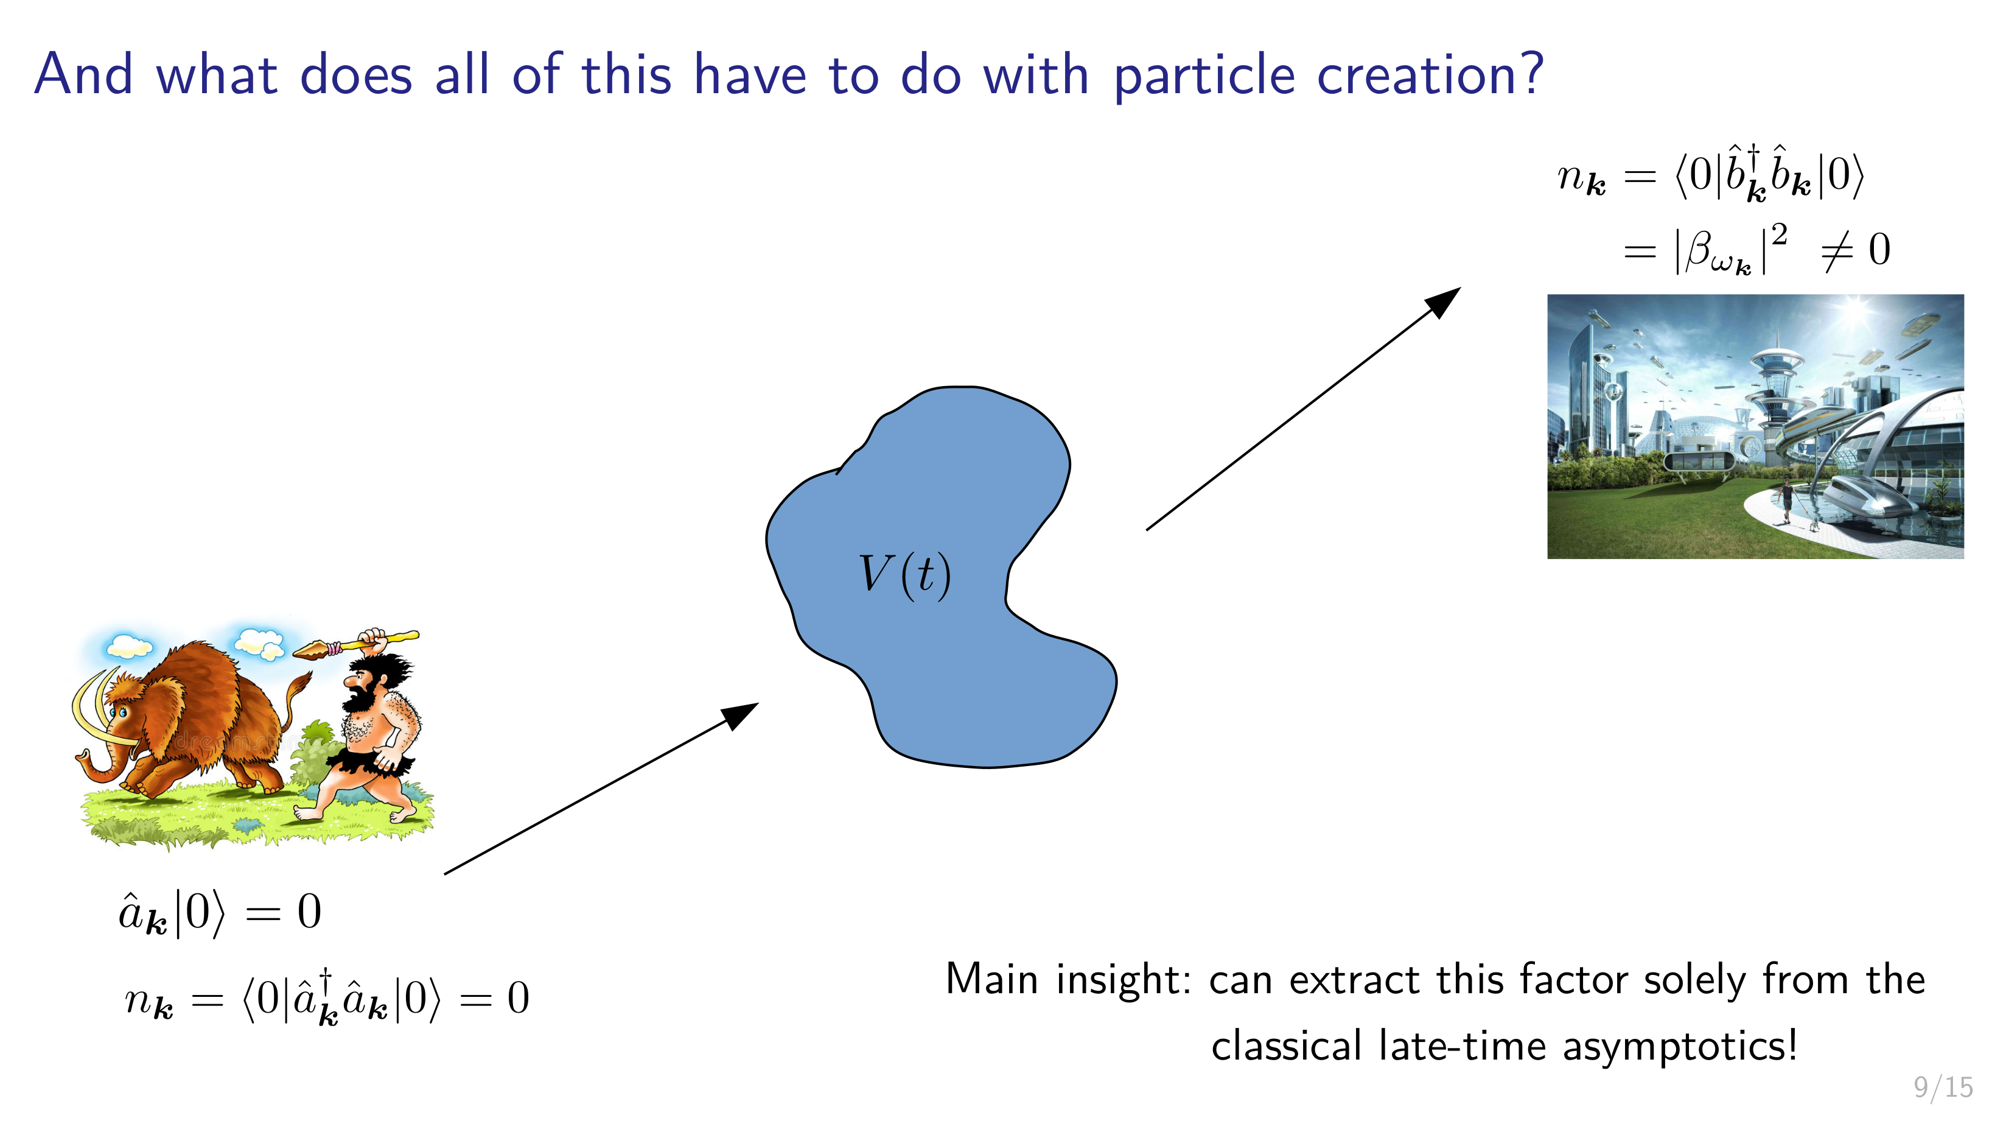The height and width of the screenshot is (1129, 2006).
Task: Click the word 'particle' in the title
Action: tap(1204, 76)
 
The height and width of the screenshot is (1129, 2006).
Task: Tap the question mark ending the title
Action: tap(1529, 72)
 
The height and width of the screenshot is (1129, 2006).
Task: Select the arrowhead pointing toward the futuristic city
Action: tap(1443, 301)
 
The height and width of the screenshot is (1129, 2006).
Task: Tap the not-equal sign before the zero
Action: tap(1837, 251)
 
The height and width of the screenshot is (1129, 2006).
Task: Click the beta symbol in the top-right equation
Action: tap(1700, 249)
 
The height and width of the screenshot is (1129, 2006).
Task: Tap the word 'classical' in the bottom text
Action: tap(1285, 1046)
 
